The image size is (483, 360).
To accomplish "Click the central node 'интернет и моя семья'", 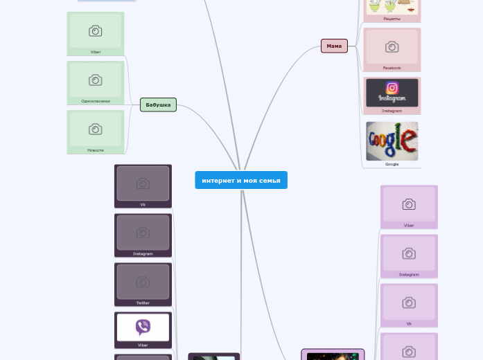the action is (240, 180).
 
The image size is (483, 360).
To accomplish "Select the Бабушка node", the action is (158, 105).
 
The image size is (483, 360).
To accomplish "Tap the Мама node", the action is (334, 46).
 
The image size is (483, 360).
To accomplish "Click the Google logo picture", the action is (392, 141).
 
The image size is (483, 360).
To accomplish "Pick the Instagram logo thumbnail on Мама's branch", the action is (392, 92).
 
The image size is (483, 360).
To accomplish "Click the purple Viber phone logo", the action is (143, 327).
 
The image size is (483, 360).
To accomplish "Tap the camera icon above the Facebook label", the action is (392, 46).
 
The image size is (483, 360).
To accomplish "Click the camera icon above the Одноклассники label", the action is (96, 80).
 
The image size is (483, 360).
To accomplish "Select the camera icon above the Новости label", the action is (96, 129).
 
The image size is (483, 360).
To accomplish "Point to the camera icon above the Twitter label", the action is (143, 281).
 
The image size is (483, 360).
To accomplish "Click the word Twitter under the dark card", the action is (143, 303).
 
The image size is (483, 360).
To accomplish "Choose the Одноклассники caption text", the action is (96, 101).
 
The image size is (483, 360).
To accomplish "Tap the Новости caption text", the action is (96, 150).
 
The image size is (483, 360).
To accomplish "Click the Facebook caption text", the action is (392, 68).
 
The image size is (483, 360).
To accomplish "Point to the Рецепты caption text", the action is (392, 19).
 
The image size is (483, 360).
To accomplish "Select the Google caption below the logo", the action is (392, 164).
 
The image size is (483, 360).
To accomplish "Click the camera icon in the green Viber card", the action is (96, 30).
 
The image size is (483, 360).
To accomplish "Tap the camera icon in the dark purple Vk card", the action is (143, 183).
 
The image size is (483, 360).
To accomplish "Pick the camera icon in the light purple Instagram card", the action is (409, 253).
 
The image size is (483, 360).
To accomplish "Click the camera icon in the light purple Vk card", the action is (409, 303).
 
